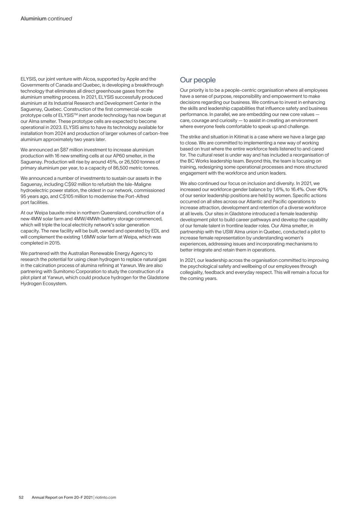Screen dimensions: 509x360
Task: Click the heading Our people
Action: pyautogui.click(x=198, y=80)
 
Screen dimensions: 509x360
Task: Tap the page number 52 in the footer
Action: pyautogui.click(x=22, y=497)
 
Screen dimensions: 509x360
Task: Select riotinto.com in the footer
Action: pyautogui.click(x=106, y=497)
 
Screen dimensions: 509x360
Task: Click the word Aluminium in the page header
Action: pyautogui.click(x=34, y=18)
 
